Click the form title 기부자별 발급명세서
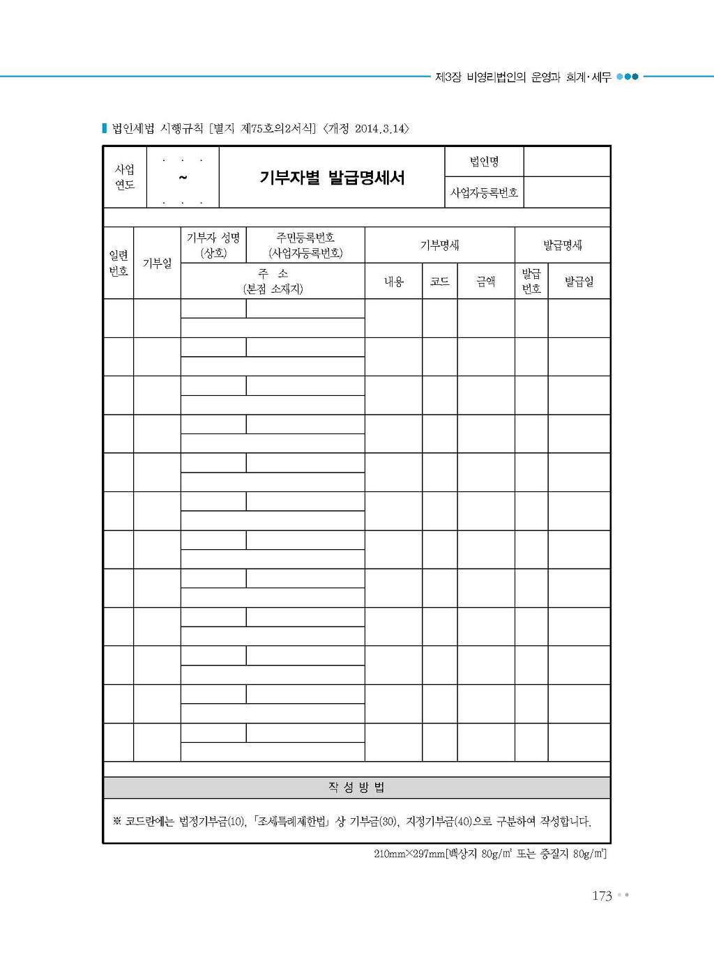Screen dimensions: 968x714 point(332,178)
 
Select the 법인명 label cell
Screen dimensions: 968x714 point(484,162)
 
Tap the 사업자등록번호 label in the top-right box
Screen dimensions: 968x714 point(484,193)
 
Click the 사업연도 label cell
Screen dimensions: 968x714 point(125,177)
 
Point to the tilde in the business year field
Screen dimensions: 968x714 point(183,178)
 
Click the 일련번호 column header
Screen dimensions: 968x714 point(119,263)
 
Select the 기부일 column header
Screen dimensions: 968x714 point(157,263)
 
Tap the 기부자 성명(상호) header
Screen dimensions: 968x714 point(213,245)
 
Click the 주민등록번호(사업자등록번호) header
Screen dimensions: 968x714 point(305,245)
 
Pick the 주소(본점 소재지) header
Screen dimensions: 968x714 point(273,281)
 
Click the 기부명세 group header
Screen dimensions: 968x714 point(439,245)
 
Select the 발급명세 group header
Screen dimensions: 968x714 point(562,245)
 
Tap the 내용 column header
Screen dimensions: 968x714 point(394,282)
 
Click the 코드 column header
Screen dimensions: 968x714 point(439,282)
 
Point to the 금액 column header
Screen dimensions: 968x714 point(485,282)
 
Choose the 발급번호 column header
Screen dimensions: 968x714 point(531,281)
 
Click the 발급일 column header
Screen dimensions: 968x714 point(579,282)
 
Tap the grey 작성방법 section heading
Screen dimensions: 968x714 point(356,788)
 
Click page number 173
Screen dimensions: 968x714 point(602,896)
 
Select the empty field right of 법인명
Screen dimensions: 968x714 point(567,162)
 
